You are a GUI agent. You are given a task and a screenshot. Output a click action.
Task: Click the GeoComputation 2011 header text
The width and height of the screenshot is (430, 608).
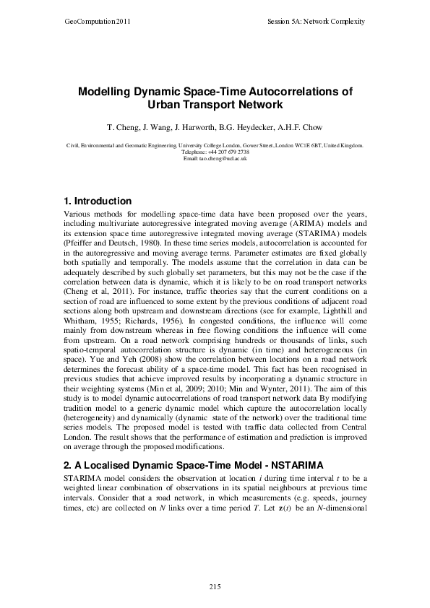pos(89,22)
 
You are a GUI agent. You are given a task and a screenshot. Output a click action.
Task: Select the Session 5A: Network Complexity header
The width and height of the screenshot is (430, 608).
pos(315,22)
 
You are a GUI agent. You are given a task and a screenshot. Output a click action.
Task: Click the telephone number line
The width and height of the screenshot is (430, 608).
pos(215,152)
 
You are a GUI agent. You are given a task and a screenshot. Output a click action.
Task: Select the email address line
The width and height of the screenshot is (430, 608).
pos(215,158)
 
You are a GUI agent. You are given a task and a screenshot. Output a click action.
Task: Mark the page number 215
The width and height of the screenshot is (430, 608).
pos(215,586)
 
